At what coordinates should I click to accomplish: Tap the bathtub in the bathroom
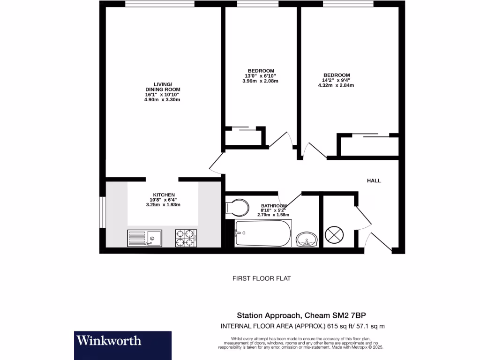[x=262, y=233]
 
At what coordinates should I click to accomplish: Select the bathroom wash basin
[x=307, y=239]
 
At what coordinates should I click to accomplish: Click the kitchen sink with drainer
[x=144, y=238]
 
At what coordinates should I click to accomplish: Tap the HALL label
[x=374, y=180]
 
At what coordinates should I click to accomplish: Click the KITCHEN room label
[x=164, y=195]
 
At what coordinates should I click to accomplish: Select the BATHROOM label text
[x=274, y=206]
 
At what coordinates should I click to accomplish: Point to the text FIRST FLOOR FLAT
[x=262, y=278]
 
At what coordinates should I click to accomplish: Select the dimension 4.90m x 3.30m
[x=162, y=100]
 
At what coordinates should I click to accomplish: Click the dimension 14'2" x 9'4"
[x=336, y=80]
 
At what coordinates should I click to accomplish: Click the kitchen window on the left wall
[x=102, y=212]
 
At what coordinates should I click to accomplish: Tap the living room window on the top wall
[x=160, y=4]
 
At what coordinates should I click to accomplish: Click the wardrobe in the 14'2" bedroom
[x=369, y=145]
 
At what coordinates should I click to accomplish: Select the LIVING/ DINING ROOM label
[x=163, y=87]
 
